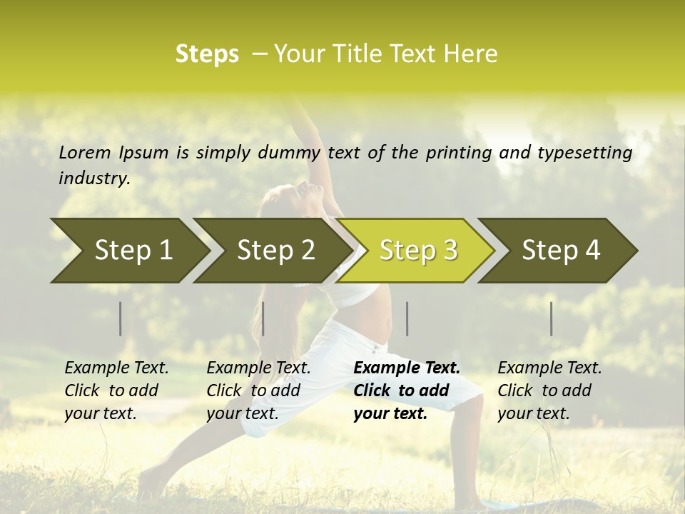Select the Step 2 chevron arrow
(275, 251)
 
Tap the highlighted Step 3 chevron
(418, 251)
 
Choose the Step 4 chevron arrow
(561, 251)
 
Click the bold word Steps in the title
(207, 54)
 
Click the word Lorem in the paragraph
(84, 152)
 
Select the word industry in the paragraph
(93, 178)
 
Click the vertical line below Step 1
(121, 318)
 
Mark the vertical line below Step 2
(263, 318)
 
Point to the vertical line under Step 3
(407, 318)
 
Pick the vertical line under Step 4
(552, 318)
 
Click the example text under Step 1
(116, 390)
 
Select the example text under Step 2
(258, 390)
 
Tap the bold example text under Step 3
(407, 390)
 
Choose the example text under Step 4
(549, 390)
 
